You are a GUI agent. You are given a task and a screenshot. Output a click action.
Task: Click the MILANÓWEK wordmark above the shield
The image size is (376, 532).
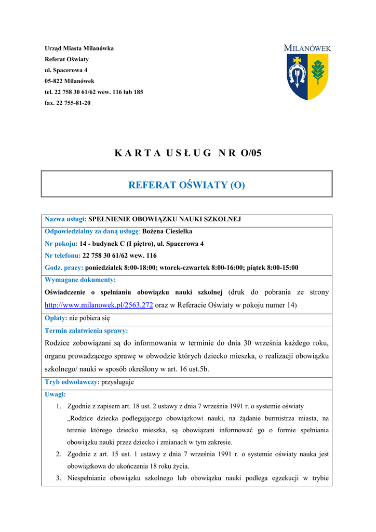pos(307,48)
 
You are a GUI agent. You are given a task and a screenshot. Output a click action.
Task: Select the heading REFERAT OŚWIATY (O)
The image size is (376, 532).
pos(186,184)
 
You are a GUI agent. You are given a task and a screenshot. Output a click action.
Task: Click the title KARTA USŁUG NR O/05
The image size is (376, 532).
pos(187,153)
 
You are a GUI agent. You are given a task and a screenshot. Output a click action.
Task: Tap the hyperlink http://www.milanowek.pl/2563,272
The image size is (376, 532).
pos(99,305)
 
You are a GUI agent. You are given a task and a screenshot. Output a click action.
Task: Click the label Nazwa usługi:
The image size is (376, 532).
pos(65,219)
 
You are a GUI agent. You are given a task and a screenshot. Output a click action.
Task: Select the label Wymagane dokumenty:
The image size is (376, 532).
pos(80,280)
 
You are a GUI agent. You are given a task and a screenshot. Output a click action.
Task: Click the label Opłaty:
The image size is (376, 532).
pos(56,318)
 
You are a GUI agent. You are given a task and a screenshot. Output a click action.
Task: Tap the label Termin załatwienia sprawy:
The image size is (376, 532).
pos(86,330)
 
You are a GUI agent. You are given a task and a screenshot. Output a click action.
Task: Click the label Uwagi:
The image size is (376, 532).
pos(55,394)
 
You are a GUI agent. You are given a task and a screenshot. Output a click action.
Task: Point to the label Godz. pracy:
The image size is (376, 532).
pos(64,268)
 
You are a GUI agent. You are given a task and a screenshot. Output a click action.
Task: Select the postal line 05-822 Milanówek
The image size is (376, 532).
pos(70,81)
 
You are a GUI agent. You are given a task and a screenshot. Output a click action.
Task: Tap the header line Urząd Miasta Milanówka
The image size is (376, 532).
pos(79,48)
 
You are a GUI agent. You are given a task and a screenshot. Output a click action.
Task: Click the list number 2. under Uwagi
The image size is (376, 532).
pos(59,454)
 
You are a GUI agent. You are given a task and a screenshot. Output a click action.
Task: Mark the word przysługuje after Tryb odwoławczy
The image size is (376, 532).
pos(117,382)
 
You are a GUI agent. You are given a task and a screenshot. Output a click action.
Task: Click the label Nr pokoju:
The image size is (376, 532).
pos(61,243)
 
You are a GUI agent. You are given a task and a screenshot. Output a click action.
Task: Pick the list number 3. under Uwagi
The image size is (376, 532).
pos(59,478)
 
